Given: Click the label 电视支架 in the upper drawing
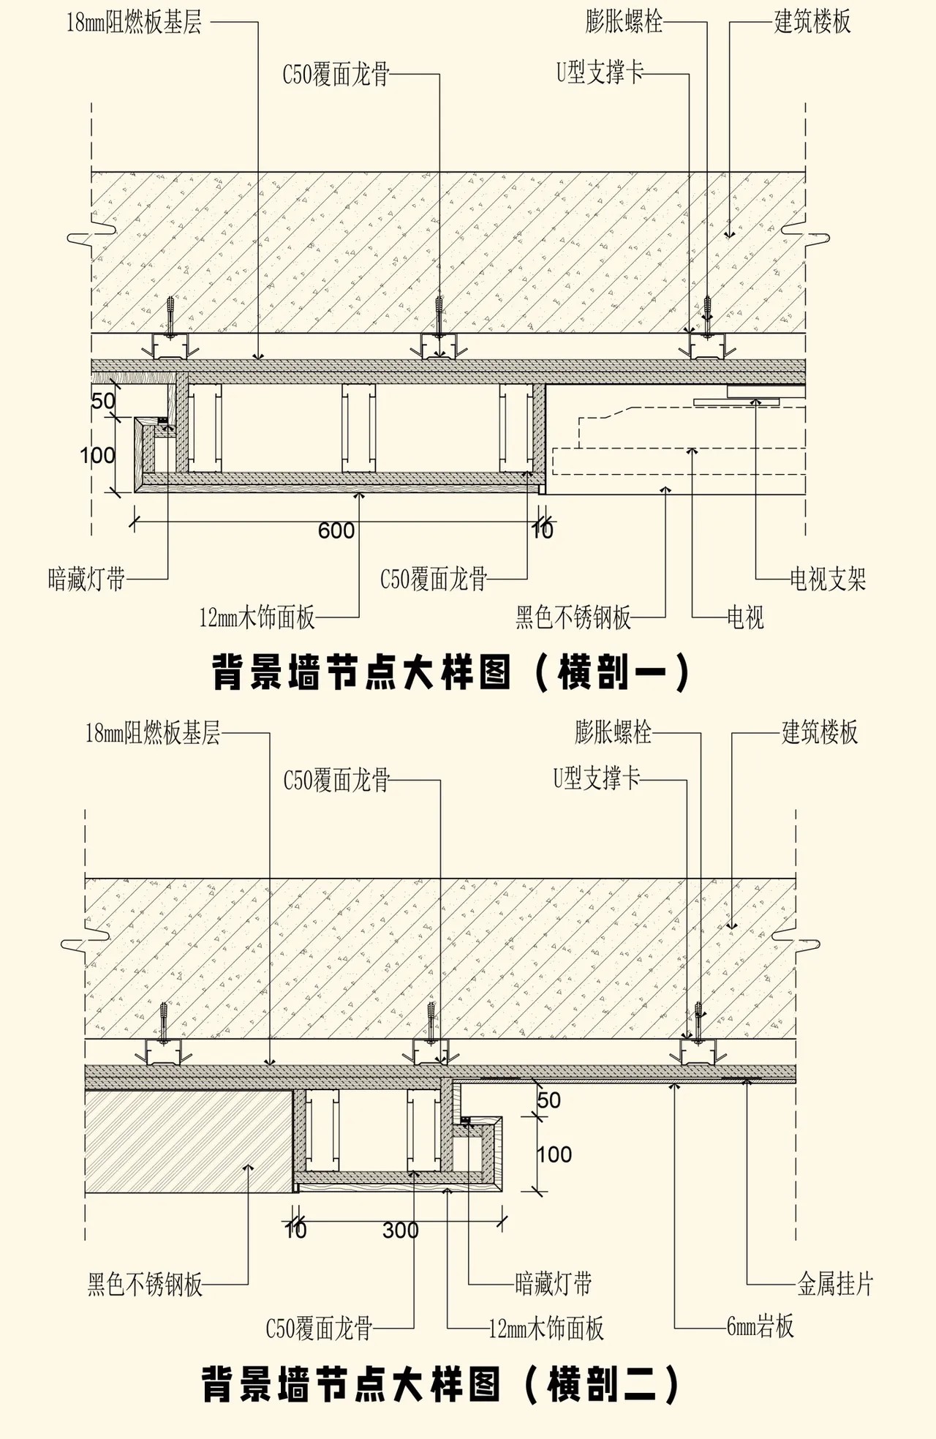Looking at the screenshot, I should [x=828, y=579].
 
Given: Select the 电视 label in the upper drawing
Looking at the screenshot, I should [x=745, y=617].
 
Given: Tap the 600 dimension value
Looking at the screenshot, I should [x=336, y=530].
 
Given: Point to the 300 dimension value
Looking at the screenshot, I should [x=401, y=1230].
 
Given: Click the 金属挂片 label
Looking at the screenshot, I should [x=835, y=1283].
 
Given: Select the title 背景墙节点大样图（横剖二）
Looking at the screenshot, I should [x=441, y=1384].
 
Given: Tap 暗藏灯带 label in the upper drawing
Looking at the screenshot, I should [x=87, y=579].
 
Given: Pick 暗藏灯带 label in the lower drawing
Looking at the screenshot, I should [x=554, y=1283].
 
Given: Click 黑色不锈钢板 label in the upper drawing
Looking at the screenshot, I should [x=573, y=617].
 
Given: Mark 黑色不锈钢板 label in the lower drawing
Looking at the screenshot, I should [x=145, y=1284].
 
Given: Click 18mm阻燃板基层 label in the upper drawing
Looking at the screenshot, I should [x=134, y=23].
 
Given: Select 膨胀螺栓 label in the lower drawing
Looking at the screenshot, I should [x=613, y=732].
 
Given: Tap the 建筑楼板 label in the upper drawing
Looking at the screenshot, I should [x=812, y=22].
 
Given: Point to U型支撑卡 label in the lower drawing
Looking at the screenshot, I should [x=597, y=778].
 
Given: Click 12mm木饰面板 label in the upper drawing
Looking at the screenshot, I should [x=257, y=617].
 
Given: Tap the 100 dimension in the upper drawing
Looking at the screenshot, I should [x=98, y=455].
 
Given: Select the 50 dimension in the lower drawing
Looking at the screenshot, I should [x=549, y=1100].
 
